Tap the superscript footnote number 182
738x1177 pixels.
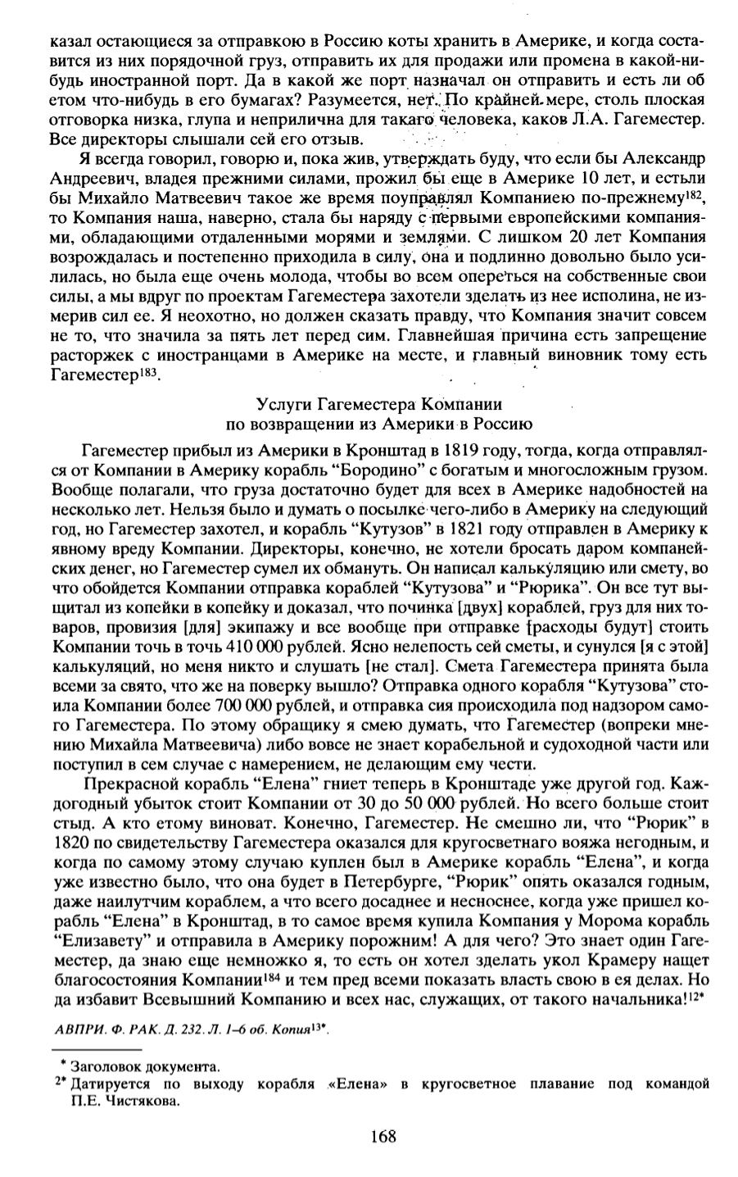[695, 193]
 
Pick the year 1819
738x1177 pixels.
[463, 450]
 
